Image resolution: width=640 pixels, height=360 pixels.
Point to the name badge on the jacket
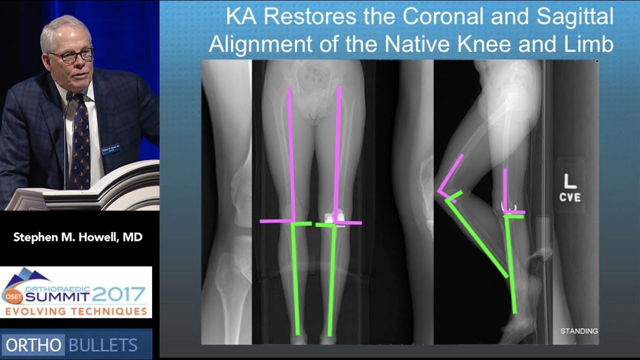(111, 149)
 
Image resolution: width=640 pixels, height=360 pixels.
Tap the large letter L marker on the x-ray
(570, 180)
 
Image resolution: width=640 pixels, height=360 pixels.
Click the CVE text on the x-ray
(570, 197)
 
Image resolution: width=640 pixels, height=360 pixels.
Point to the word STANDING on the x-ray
(578, 331)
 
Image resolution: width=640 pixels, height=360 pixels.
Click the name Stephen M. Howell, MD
(78, 237)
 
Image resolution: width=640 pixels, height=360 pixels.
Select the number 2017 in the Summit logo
(120, 294)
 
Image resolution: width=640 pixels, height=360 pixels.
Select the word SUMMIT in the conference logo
(57, 297)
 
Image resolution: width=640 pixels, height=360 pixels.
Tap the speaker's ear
(46, 61)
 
